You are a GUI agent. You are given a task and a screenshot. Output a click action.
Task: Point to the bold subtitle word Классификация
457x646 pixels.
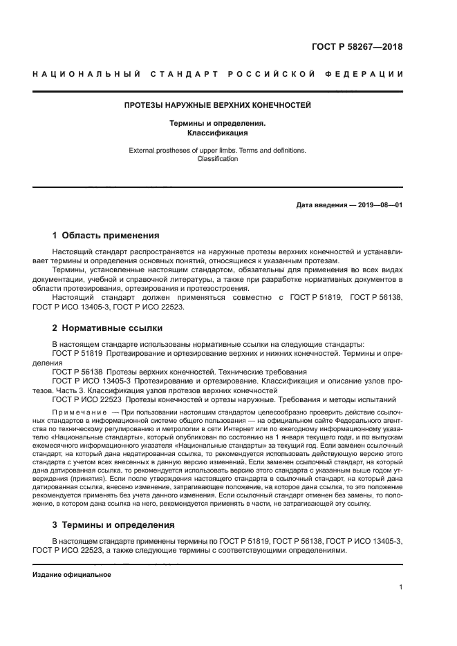click(x=218, y=133)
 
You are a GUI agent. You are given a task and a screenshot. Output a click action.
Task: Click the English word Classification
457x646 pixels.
click(x=218, y=158)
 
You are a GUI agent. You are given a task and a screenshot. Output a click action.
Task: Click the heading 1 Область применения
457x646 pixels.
click(x=106, y=235)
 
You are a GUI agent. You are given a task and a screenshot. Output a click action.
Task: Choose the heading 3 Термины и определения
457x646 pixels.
click(x=113, y=524)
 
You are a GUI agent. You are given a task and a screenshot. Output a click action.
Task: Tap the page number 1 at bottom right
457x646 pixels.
click(x=400, y=587)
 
